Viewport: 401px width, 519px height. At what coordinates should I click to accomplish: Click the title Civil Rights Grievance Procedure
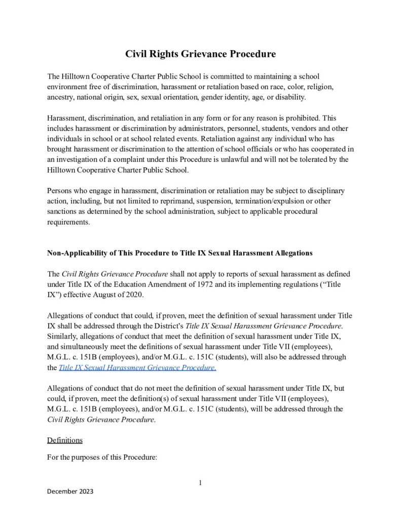(200, 54)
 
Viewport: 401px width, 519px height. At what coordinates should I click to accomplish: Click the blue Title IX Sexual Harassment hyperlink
(137, 367)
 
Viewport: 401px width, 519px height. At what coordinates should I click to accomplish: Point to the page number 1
(200, 483)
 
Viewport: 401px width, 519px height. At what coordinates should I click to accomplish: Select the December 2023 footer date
(70, 492)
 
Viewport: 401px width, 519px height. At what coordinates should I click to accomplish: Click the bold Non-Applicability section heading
(179, 252)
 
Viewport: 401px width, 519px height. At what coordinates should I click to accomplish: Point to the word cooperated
(324, 150)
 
